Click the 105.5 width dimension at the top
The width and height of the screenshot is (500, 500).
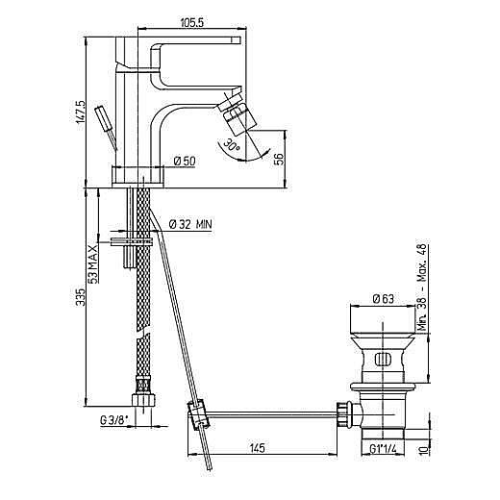[x=192, y=22]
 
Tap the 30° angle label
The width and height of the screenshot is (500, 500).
[x=232, y=145]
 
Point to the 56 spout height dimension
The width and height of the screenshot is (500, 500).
[x=280, y=159]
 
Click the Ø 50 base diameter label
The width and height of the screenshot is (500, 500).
[x=185, y=161]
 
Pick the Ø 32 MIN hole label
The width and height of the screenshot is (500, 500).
[x=190, y=224]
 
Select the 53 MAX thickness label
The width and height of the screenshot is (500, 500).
[x=93, y=263]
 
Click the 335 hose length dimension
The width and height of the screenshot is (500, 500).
[x=81, y=297]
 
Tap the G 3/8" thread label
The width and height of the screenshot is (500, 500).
[x=114, y=420]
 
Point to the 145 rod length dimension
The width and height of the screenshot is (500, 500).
[x=258, y=448]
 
